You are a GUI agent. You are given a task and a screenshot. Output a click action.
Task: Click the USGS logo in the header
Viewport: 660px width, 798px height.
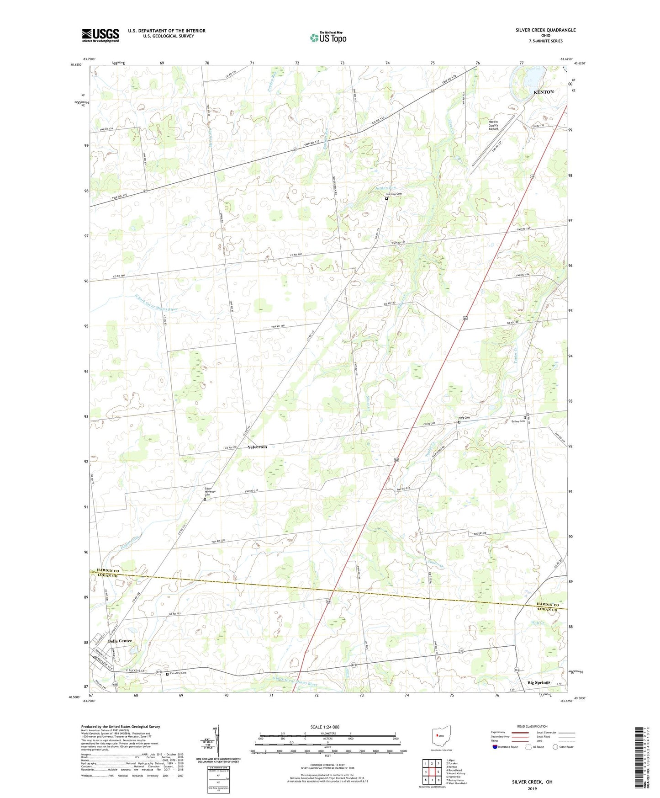click(100, 35)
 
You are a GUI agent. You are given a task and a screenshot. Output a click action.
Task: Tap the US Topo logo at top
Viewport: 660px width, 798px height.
click(327, 37)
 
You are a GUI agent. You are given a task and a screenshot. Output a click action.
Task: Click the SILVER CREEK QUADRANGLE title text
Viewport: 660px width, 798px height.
click(545, 30)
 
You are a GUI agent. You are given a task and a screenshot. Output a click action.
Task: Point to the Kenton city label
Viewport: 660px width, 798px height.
click(544, 92)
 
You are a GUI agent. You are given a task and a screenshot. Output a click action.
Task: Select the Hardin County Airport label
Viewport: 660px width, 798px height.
click(493, 125)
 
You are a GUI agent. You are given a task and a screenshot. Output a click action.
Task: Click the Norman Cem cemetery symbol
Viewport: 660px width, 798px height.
click(386, 199)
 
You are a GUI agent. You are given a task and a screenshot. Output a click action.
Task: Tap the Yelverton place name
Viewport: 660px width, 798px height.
click(257, 447)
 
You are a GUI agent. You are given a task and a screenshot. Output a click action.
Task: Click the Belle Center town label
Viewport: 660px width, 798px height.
click(120, 641)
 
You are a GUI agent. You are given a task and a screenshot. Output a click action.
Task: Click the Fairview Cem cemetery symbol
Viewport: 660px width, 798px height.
click(167, 674)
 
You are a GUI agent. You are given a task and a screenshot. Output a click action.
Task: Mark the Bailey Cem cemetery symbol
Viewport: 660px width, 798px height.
click(525, 418)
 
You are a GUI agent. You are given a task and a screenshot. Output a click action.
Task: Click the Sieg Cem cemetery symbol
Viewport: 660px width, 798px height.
click(459, 422)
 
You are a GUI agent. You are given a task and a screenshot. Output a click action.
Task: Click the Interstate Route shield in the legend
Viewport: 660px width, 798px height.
click(495, 747)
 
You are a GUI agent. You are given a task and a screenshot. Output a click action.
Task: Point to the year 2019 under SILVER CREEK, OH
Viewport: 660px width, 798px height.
click(532, 788)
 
